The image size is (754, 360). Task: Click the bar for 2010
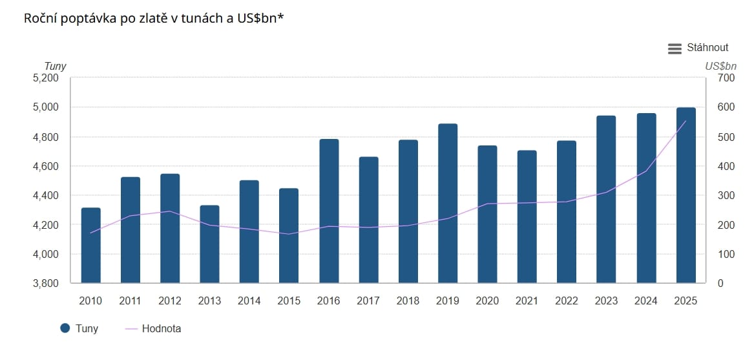click(90, 246)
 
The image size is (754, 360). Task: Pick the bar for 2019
click(448, 204)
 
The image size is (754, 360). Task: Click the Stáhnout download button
click(707, 48)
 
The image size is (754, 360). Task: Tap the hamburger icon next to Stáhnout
click(675, 48)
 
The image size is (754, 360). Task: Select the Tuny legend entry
click(79, 328)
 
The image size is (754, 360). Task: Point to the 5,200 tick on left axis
click(45, 78)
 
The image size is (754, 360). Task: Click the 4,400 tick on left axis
click(45, 196)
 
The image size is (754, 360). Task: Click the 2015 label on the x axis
click(289, 301)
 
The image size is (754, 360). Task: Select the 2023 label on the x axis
click(606, 301)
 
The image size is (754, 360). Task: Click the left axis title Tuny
click(55, 66)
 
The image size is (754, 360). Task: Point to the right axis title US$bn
click(720, 66)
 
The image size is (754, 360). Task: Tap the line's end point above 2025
click(686, 121)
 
